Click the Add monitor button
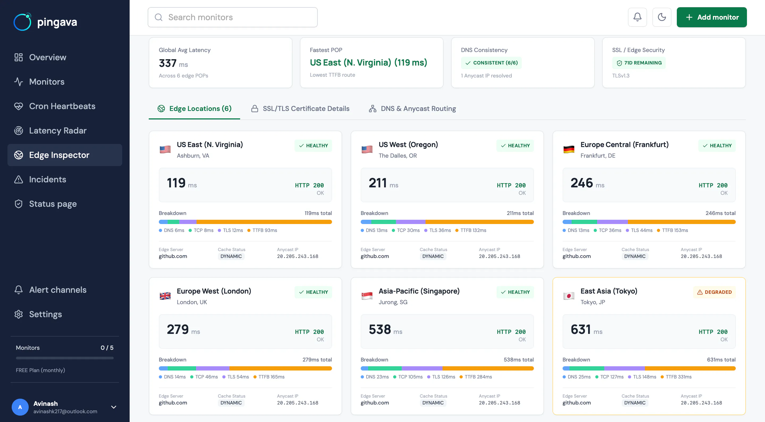click(712, 17)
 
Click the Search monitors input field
click(232, 17)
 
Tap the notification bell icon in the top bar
click(637, 17)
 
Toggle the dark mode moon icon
click(662, 17)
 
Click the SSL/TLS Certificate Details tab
click(300, 109)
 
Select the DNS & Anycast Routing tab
click(412, 109)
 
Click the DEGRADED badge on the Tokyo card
click(714, 292)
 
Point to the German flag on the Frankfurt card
click(569, 149)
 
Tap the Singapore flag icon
click(367, 296)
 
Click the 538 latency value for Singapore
click(380, 329)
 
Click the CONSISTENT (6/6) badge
click(491, 63)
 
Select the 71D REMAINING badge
click(639, 63)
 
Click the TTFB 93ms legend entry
click(262, 230)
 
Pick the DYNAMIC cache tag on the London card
click(231, 403)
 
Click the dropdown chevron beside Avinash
click(113, 407)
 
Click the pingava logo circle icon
click(23, 22)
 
